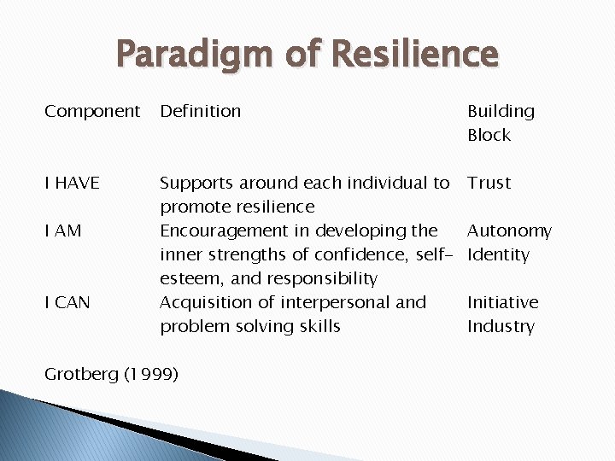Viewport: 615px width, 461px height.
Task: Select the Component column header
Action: [x=92, y=112]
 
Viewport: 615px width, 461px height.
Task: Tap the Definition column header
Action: [x=201, y=111]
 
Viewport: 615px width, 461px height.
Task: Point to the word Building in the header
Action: [x=501, y=112]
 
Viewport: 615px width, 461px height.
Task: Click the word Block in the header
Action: [x=489, y=135]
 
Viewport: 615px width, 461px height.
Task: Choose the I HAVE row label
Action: [x=73, y=183]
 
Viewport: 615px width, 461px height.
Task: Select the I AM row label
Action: [x=63, y=230]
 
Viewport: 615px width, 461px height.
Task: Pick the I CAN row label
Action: [x=67, y=302]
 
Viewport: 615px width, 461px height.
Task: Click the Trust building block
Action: [x=489, y=183]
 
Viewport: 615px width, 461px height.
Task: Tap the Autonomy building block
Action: [x=509, y=231]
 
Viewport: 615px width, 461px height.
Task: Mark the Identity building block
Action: [x=498, y=254]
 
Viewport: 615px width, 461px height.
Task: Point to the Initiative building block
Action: [x=502, y=302]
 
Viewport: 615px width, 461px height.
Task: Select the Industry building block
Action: [x=501, y=326]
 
